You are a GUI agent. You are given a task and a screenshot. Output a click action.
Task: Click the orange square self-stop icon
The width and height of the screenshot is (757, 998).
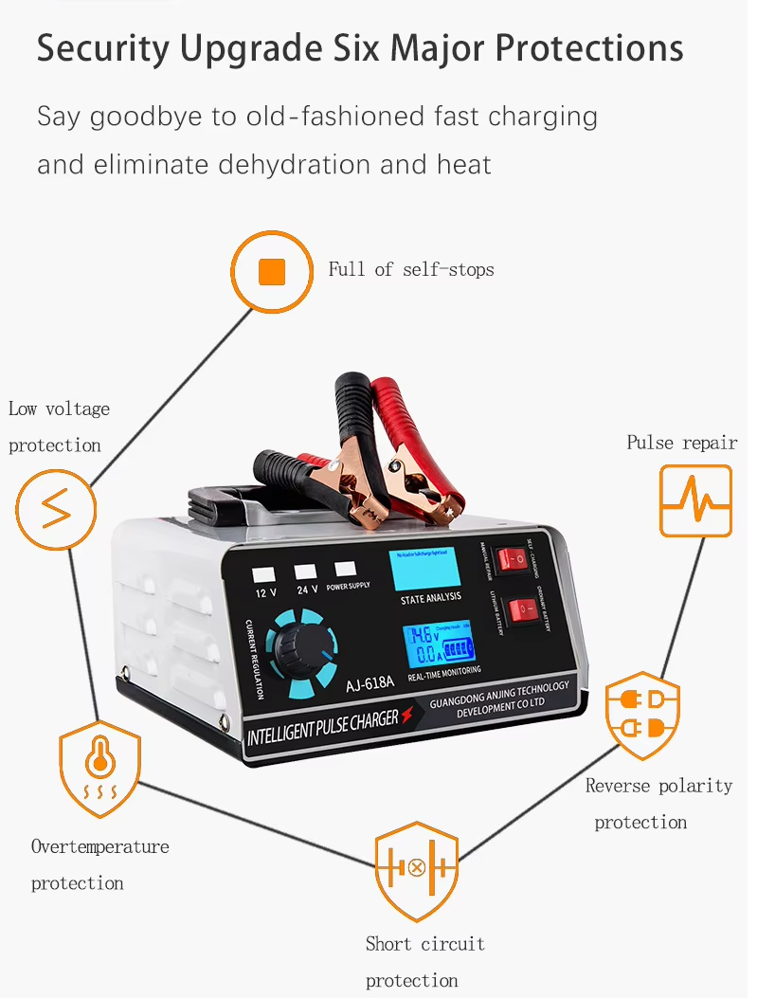272,272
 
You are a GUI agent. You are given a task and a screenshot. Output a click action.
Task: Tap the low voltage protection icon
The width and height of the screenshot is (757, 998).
55,510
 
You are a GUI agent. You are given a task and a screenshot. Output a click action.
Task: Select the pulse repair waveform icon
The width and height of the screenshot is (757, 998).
695,500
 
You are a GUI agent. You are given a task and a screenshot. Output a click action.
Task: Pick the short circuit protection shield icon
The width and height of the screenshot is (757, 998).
416,869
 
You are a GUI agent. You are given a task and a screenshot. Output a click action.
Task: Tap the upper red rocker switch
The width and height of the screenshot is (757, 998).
514,558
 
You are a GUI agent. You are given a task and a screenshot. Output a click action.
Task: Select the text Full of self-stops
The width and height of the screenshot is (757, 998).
410,270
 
